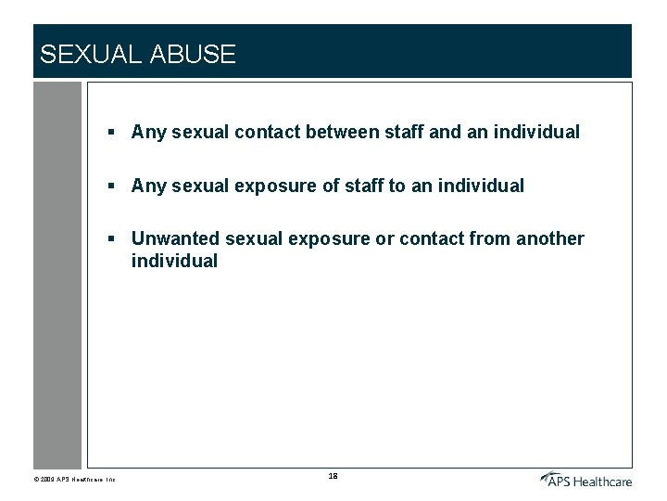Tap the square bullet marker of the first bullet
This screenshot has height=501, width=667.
pos(110,133)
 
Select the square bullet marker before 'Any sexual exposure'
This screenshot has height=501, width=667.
pos(110,186)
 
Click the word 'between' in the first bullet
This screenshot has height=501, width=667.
pos(342,132)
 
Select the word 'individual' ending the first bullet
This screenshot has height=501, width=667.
pos(536,132)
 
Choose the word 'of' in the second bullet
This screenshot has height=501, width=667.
pos(331,186)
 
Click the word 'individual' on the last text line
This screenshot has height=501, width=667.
pos(174,261)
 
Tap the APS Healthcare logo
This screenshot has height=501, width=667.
pos(586,479)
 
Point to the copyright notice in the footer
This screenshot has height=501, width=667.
pos(74,480)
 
